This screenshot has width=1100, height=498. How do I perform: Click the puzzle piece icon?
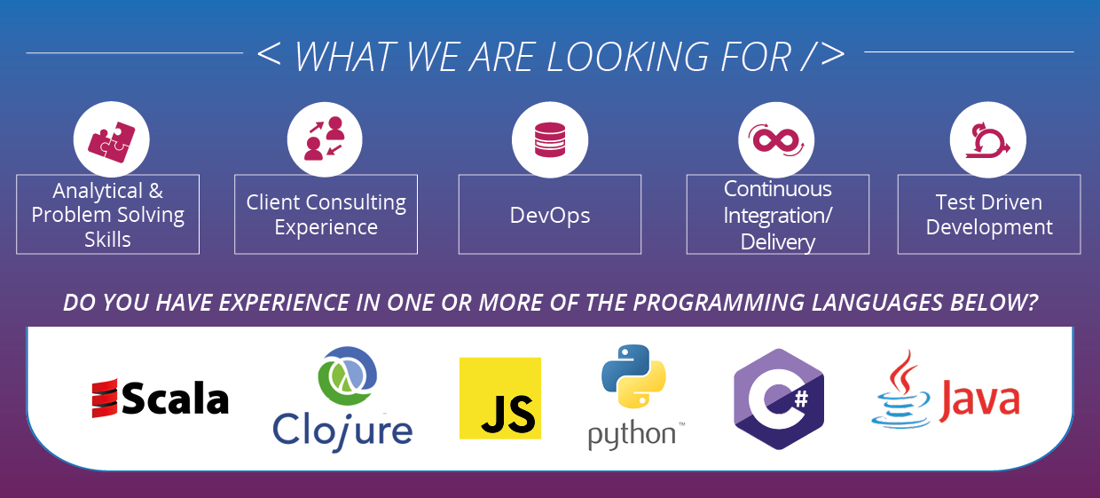coord(112,141)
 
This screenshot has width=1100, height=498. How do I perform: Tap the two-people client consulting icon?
coord(325,138)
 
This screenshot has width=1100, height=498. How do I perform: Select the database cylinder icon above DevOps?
coord(550,139)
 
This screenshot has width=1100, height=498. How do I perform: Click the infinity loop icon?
coord(776,139)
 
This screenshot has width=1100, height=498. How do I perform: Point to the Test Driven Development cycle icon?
coord(987,140)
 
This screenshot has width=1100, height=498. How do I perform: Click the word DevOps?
coord(550,216)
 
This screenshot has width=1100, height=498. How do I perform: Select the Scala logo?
coord(160,399)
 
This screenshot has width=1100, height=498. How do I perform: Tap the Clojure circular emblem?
coord(347,375)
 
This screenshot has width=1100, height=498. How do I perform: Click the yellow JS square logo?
coord(500,399)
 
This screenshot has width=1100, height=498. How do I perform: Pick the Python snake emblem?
coord(633,376)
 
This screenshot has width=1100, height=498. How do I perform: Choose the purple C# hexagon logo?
coord(779,399)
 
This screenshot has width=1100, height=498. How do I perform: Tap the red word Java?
coord(979,400)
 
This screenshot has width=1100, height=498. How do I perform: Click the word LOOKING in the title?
coord(627,57)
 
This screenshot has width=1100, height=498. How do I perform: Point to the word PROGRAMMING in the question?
coord(719,303)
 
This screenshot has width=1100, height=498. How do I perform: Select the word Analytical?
coord(98,191)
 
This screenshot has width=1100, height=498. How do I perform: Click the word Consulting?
coord(357,202)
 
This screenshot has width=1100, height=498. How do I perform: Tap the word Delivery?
coord(778,241)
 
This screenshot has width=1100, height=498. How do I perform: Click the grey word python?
coord(632,435)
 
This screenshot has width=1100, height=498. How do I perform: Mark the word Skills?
coord(107,240)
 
